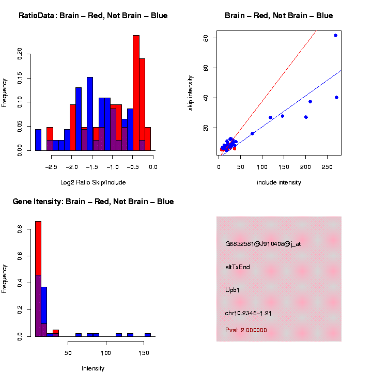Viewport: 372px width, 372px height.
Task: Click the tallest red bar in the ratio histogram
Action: coord(136,93)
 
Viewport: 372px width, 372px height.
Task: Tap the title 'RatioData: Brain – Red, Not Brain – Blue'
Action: coord(93,16)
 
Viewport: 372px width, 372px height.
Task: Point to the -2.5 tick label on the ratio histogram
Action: coord(51,167)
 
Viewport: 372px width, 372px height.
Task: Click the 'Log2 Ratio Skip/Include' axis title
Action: coord(93,182)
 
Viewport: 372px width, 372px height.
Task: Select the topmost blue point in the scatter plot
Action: coord(335,36)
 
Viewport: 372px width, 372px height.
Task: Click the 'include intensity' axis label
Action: coord(279,182)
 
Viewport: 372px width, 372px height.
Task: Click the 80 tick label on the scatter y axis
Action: coord(206,38)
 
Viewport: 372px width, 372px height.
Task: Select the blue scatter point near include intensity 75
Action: coord(252,133)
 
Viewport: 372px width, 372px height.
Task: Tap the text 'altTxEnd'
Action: coord(238,267)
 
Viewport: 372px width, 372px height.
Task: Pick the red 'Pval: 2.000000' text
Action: coord(246,330)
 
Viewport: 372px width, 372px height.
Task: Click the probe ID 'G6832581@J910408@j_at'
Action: coord(263,244)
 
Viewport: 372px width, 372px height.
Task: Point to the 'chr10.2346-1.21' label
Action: coord(249,313)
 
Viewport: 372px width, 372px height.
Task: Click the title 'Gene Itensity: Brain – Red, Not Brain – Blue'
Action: coord(93,202)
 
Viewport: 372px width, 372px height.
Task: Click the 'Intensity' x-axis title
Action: coord(93,368)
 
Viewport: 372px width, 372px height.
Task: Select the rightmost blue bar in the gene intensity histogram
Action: coord(148,335)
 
